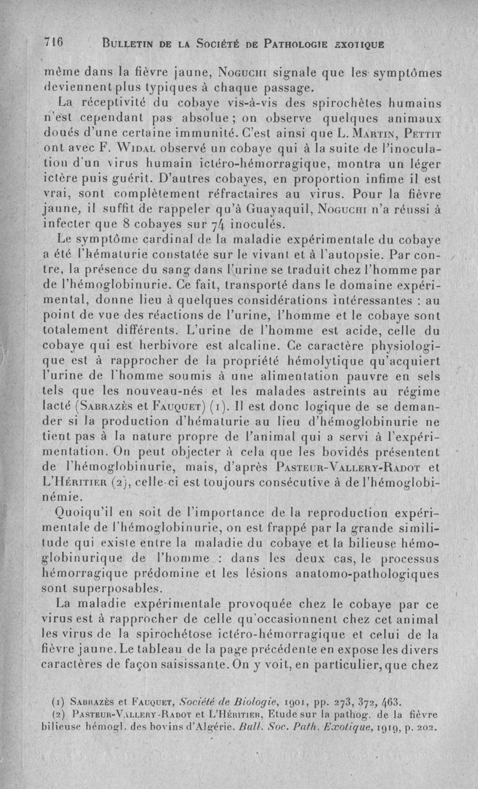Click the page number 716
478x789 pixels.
(x=53, y=42)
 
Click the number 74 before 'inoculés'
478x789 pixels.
(x=228, y=225)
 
